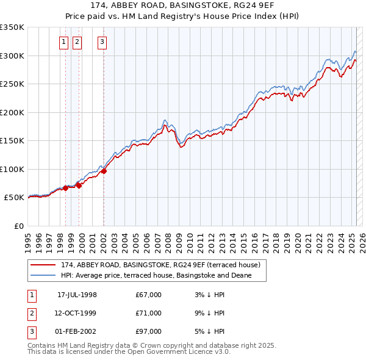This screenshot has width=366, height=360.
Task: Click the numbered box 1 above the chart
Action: pyautogui.click(x=64, y=42)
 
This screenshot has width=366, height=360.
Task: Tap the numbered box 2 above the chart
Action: pyautogui.click(x=77, y=42)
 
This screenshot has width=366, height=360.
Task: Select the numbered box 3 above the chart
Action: pyautogui.click(x=102, y=42)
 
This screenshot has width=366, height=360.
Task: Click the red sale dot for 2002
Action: pyautogui.click(x=104, y=171)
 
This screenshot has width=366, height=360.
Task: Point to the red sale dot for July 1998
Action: pyautogui.click(x=65, y=188)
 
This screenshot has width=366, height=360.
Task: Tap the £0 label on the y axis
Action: pyautogui.click(x=18, y=226)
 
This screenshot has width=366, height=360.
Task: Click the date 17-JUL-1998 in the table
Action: pyautogui.click(x=77, y=295)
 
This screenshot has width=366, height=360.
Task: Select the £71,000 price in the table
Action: pyautogui.click(x=149, y=313)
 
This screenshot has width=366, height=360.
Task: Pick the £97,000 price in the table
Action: pyautogui.click(x=149, y=331)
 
